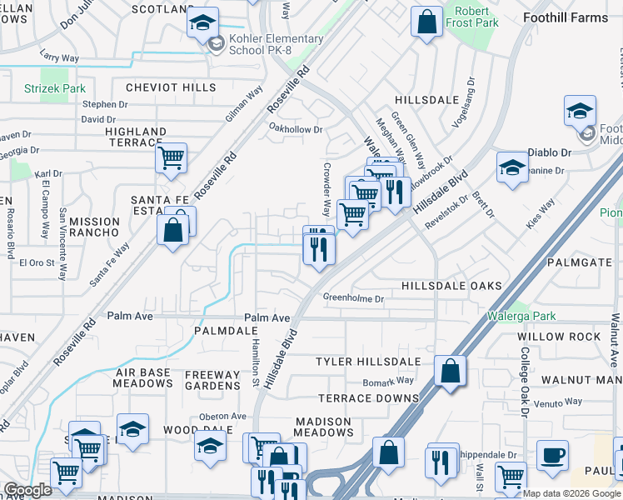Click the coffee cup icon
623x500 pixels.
(551, 456)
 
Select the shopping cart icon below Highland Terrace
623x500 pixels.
(171, 157)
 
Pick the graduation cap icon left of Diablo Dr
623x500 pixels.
(512, 167)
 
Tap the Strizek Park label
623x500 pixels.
(54, 87)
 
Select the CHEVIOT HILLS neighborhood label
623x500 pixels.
(171, 87)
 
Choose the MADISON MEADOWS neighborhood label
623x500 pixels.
(323, 427)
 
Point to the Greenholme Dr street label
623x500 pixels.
(353, 297)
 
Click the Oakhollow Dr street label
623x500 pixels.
(295, 128)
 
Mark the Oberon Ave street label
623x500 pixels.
(223, 416)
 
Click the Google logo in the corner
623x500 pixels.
(27, 490)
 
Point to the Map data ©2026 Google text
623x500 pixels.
(571, 493)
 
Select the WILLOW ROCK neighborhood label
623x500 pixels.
(559, 337)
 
